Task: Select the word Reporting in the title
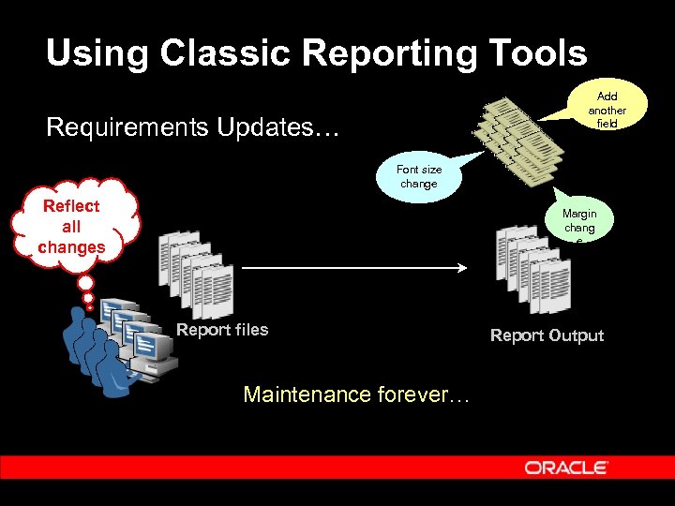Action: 384,53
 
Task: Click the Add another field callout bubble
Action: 606,110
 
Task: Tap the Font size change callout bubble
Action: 418,176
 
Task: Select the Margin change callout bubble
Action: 579,225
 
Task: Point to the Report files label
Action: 222,330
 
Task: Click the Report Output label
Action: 547,335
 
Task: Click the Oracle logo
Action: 566,468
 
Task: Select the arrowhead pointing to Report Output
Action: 461,268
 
